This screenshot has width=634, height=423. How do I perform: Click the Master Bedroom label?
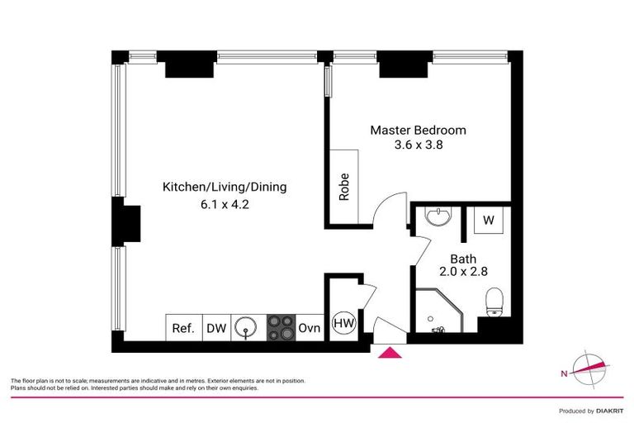418,130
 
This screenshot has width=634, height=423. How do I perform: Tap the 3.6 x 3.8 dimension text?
418,146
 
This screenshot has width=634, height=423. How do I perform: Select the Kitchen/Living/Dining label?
225,187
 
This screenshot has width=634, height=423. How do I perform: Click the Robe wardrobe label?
344,187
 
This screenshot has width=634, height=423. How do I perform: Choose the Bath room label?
463,259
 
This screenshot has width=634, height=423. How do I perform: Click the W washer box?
489,221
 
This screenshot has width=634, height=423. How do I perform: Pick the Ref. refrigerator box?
183,328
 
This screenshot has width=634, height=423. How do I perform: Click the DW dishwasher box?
215,328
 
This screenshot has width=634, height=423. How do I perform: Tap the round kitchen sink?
245,328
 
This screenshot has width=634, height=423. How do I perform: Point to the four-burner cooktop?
281,328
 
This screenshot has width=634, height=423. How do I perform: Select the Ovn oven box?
309,328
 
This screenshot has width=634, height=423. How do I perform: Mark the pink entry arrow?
390,353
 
